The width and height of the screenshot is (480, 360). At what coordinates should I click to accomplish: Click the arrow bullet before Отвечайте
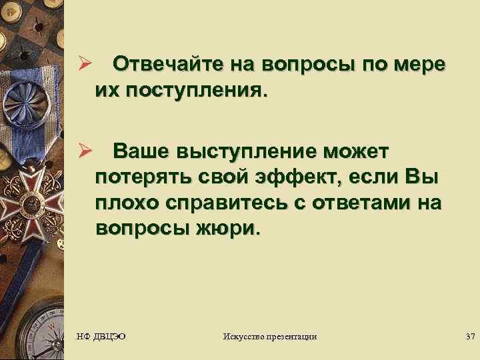[x=85, y=65]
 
